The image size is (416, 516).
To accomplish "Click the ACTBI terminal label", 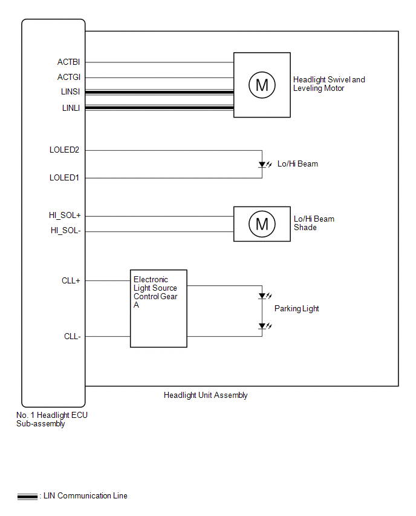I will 69,62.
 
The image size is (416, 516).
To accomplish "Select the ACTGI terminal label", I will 69,77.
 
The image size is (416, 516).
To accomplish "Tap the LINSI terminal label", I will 71,92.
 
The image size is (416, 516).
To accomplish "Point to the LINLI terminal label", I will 71,108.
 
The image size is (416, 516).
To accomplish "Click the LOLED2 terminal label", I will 65,150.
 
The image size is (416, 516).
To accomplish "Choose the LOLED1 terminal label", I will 65,177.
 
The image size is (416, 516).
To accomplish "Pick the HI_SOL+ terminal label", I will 65,216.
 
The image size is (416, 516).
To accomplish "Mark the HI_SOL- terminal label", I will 65,230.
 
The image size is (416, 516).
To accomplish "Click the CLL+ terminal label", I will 71,280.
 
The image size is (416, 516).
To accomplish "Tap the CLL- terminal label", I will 72,336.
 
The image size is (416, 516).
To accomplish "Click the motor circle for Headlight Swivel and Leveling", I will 262,85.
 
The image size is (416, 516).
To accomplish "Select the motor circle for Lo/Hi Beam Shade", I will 262,224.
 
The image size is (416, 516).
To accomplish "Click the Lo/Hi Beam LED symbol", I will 262,164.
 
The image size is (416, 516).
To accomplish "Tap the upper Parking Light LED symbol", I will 262,296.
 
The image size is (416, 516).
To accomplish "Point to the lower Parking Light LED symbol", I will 262,326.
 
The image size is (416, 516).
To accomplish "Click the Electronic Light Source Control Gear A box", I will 158,308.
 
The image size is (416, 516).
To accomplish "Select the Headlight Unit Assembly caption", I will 206,395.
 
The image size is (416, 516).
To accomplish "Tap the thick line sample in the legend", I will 28,495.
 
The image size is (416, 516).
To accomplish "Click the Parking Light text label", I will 296,308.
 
